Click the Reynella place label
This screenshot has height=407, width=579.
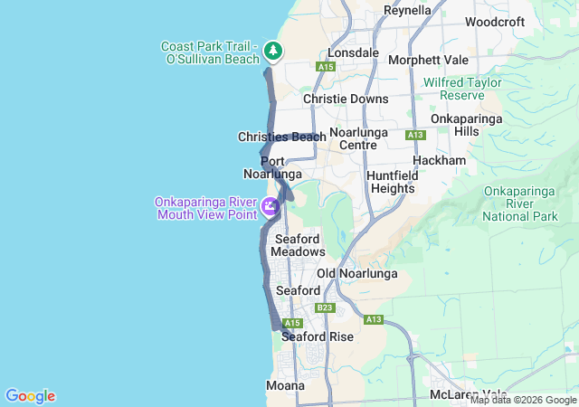(407, 10)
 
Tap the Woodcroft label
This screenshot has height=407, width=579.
(495, 22)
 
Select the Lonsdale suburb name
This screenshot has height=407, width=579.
(353, 52)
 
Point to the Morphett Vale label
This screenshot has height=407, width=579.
(428, 61)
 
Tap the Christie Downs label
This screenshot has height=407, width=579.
(346, 99)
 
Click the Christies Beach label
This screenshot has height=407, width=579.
(281, 137)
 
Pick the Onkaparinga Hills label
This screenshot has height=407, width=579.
(454, 125)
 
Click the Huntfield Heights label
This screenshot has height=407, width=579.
(391, 182)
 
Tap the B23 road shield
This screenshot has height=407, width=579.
(325, 308)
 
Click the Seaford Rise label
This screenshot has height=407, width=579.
(317, 336)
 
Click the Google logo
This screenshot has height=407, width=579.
(30, 396)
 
